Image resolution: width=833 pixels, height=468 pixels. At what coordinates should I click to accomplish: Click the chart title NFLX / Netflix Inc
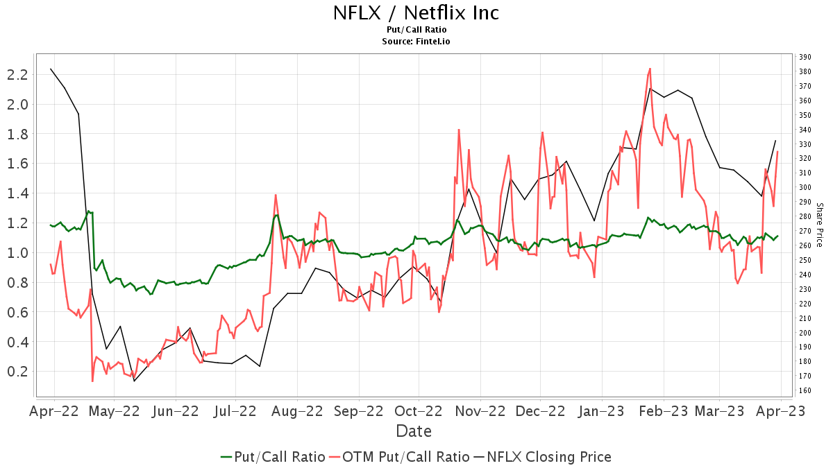(416, 12)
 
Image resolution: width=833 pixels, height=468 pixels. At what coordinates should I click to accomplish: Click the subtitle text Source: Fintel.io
(416, 42)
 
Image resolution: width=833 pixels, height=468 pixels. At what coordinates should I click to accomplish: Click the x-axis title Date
(414, 431)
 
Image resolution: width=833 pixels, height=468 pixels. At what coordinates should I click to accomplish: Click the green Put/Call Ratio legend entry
(273, 457)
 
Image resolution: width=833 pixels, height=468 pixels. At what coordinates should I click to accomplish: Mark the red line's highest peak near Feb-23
(650, 69)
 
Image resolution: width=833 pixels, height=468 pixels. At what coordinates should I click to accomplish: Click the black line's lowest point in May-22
(134, 381)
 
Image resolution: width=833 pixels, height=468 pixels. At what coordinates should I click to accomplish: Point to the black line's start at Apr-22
(51, 69)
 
